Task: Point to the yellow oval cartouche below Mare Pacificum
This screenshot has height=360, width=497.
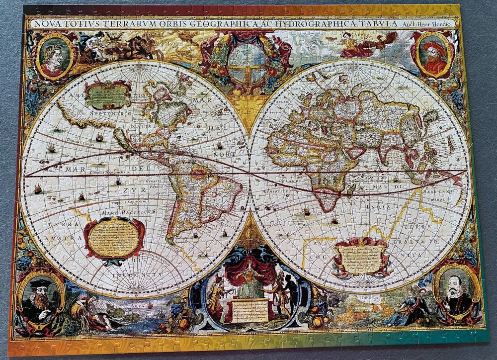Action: click(114, 238)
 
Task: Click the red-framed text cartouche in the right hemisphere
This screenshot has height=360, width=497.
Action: click(361, 256)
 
